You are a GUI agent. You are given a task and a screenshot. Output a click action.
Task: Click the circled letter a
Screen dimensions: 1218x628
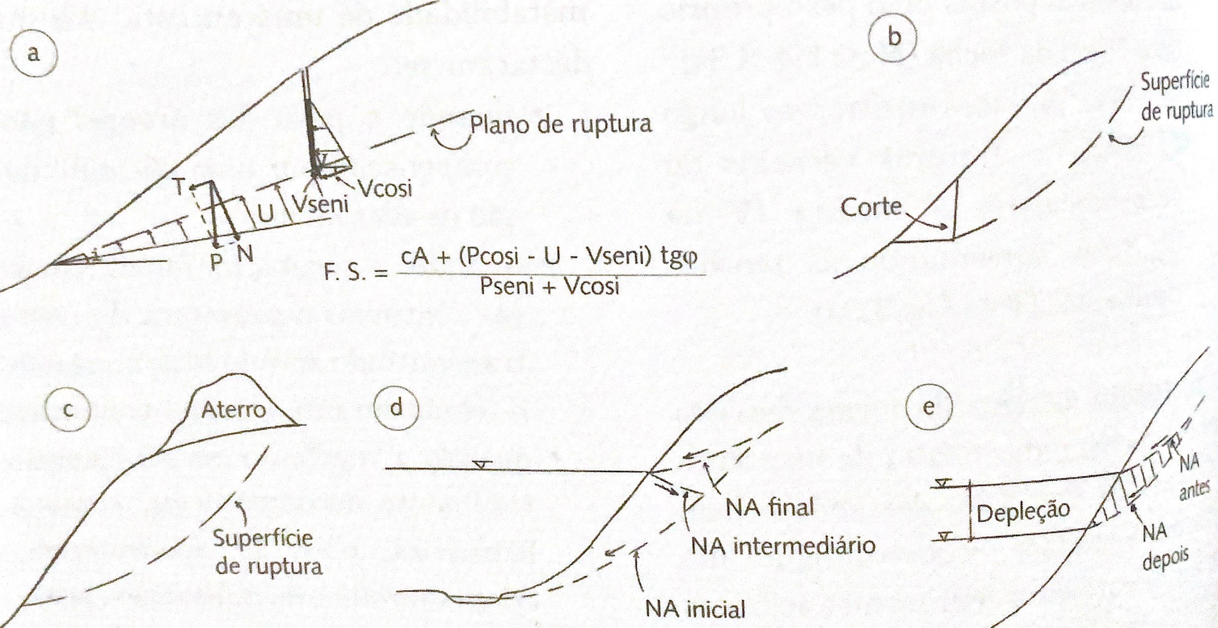coord(33,54)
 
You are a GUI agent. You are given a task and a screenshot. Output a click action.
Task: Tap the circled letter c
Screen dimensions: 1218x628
coord(68,410)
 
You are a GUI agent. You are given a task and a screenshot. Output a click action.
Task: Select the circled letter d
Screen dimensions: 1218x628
coord(396,407)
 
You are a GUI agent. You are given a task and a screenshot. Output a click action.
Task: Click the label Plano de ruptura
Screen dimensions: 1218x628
coord(560,124)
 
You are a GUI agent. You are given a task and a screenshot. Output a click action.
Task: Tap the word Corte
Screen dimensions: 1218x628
coord(871,208)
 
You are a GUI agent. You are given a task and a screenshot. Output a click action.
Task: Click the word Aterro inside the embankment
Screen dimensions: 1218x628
coord(234,410)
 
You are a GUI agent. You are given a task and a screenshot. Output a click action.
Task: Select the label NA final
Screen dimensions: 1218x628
coord(770,508)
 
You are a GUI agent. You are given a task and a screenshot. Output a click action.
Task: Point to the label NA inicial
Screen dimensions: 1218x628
coord(695,609)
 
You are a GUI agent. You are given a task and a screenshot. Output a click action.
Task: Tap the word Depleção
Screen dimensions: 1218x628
coord(1023,511)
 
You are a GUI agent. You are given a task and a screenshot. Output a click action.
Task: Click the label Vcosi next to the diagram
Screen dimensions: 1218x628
coord(385,189)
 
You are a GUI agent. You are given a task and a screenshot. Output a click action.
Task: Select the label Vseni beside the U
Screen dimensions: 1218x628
coord(320,205)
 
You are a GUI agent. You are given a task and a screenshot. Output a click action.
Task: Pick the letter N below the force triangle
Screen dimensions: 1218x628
coord(245,255)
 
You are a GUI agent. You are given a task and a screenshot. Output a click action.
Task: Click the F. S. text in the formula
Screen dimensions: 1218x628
coord(349,274)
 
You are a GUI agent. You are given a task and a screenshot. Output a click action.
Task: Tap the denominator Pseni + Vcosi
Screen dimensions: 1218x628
coord(549,286)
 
